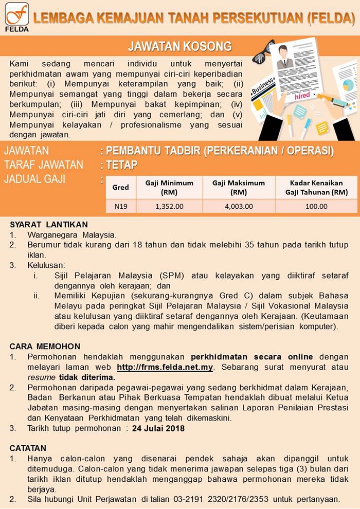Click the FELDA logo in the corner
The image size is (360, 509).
16,16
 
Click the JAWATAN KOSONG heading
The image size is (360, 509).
179,47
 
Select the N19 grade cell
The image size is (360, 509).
120,206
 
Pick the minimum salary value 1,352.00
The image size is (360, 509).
169,206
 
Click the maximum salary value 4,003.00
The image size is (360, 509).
239,206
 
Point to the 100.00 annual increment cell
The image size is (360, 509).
316,206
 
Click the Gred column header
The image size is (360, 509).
120,187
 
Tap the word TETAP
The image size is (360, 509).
123,165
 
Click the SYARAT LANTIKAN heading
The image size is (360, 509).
49,225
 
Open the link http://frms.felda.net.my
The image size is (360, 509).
165,367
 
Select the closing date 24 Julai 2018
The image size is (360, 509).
158,428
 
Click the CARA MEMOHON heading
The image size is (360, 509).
45,346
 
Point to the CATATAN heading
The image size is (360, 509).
28,448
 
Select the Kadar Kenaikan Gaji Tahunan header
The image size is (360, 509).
316,187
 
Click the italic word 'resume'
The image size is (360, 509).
41,377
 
